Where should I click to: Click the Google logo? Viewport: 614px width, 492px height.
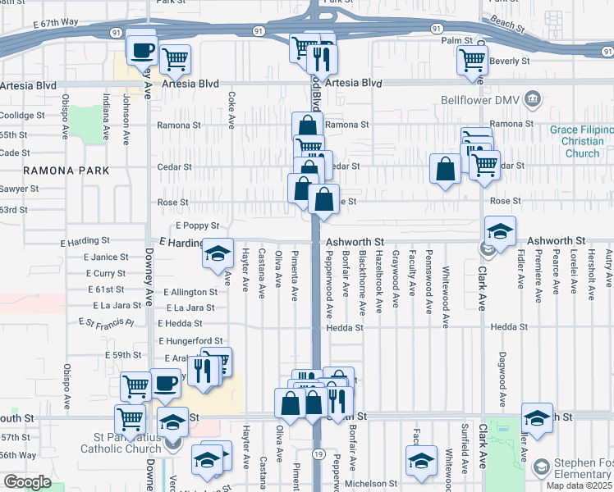coord(27,482)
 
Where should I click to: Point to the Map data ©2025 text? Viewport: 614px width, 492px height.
coord(579,485)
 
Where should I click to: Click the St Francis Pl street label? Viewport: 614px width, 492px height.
coord(106,323)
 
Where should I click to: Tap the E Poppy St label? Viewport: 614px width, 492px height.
coord(197,225)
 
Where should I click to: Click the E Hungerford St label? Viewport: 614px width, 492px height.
coord(190,340)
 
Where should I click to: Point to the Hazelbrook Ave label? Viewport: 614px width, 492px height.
coord(378,280)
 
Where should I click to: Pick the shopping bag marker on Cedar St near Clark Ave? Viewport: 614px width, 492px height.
coord(445,169)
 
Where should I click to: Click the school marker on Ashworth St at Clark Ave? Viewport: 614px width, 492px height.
coord(500,231)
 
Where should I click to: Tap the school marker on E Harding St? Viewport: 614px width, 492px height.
coord(218,253)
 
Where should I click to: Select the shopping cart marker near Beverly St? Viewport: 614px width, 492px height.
coord(472,60)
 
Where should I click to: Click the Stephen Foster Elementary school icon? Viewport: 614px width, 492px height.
coord(540,468)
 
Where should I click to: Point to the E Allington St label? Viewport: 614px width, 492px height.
coord(190,292)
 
